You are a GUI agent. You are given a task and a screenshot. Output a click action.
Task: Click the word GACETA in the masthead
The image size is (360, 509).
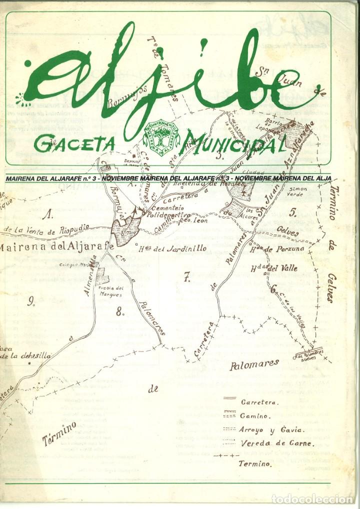click(x=74, y=143)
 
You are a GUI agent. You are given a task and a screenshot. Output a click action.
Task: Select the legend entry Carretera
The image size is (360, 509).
click(x=259, y=402)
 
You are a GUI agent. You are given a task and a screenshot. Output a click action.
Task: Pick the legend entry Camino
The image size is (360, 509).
click(x=255, y=415)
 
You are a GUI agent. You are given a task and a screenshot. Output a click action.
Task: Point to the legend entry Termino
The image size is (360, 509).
click(x=255, y=463)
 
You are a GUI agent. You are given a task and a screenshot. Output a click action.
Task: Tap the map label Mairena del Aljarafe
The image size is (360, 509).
click(x=57, y=246)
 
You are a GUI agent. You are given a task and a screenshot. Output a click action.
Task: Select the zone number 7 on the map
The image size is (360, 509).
click(x=187, y=278)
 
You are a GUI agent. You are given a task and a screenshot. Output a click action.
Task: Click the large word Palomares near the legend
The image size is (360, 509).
click(x=254, y=364)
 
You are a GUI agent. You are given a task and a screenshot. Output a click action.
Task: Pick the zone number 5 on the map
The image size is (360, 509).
click(x=307, y=211)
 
